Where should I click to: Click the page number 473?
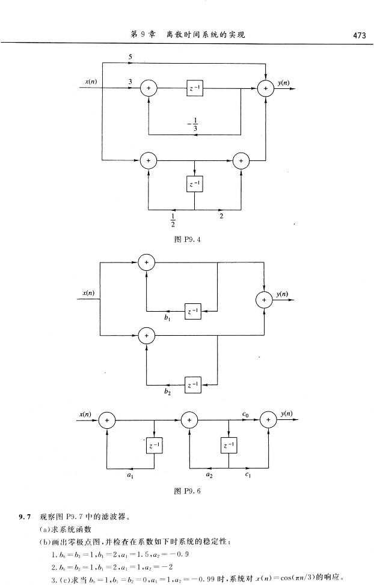point(360,35)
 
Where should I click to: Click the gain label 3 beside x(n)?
point(130,80)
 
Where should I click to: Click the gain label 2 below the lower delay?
point(222,216)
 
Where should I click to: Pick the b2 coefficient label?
point(167,390)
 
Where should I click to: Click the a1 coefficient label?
point(131,474)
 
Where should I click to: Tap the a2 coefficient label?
point(209,474)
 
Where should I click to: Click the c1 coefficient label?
point(247,474)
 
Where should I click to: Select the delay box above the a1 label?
point(155,445)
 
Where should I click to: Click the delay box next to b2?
point(192,383)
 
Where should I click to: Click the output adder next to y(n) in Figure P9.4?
point(265,88)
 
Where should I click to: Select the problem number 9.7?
point(24,516)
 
